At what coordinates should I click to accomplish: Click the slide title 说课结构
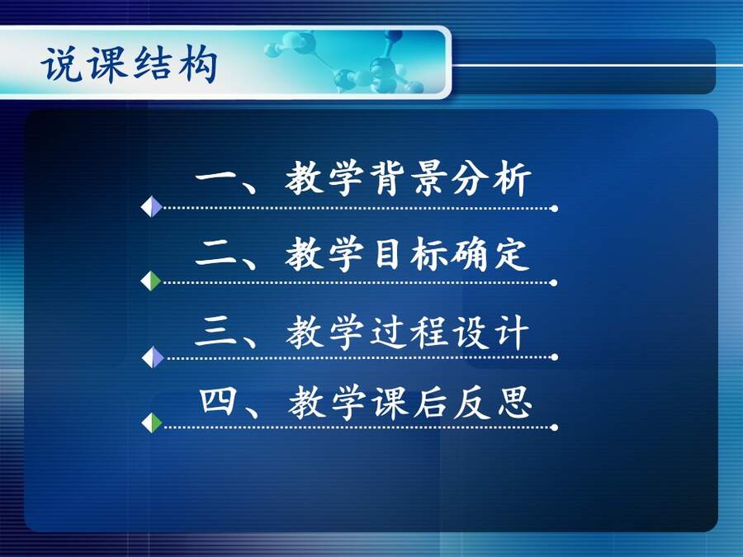click(x=129, y=64)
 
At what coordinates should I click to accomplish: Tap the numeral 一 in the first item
click(x=215, y=177)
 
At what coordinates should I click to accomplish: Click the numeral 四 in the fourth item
click(x=217, y=402)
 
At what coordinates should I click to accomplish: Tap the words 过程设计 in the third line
click(x=450, y=332)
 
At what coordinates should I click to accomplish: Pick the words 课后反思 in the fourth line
click(x=452, y=403)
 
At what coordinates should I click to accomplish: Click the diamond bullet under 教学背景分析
click(x=152, y=206)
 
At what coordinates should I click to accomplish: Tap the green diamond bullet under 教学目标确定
click(x=151, y=281)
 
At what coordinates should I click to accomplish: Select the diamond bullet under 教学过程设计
click(x=153, y=357)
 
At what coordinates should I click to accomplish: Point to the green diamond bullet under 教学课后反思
click(x=152, y=423)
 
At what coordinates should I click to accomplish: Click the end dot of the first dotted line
click(x=555, y=209)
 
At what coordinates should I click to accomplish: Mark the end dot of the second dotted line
click(x=553, y=283)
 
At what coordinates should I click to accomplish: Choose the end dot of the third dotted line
click(x=555, y=357)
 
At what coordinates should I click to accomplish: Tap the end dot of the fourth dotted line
click(x=555, y=427)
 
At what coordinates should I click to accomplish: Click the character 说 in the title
click(x=60, y=64)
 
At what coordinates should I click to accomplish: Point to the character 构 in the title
click(x=198, y=64)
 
